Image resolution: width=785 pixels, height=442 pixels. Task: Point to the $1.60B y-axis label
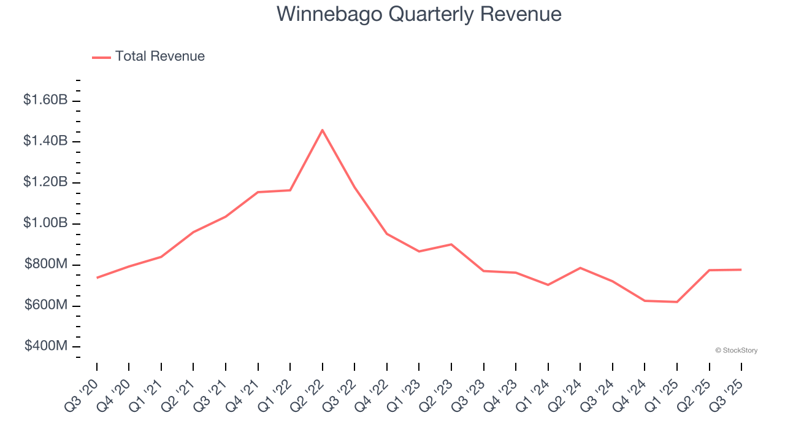tap(45, 99)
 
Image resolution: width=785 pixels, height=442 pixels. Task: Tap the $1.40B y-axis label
tap(45, 141)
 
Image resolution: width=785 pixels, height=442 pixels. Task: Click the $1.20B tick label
tap(45, 182)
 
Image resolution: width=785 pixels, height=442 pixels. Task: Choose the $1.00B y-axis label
tap(45, 223)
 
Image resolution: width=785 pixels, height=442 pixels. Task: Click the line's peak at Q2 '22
tap(323, 130)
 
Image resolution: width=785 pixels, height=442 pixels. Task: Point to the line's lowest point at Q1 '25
tap(677, 302)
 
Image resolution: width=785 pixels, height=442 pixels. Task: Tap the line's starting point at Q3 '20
tap(97, 277)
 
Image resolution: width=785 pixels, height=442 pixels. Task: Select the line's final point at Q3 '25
tap(741, 269)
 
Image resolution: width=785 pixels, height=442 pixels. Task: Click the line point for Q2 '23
tap(451, 244)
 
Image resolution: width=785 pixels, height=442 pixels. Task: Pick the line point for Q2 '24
tap(580, 268)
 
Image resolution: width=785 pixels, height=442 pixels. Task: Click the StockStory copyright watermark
tap(736, 351)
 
